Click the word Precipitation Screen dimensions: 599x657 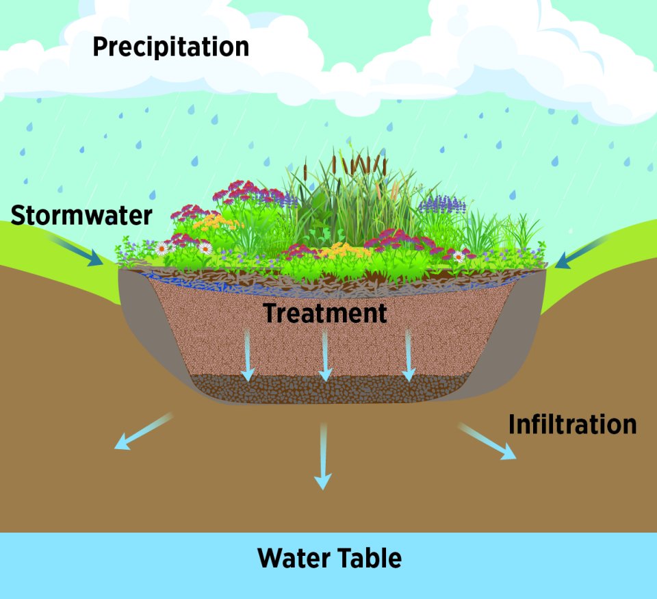170,47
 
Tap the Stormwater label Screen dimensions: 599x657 81,215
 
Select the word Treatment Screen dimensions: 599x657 325,314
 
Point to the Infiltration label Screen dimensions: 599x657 572,424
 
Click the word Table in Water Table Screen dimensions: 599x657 370,559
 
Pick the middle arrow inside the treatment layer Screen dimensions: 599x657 325,356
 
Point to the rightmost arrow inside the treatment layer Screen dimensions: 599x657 409,356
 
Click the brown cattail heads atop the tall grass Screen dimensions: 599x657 356,164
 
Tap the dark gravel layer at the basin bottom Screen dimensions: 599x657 328,389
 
